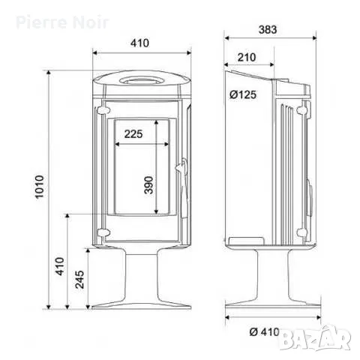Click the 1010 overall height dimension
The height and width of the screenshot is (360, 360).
[40, 187]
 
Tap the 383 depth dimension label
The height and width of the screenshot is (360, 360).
[268, 29]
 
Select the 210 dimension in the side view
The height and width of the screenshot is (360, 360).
[247, 57]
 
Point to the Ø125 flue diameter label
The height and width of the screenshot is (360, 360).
[243, 94]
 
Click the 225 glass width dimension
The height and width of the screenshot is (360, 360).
[133, 134]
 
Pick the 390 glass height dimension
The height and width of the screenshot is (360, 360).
[148, 185]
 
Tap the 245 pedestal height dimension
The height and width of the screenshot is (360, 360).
[79, 279]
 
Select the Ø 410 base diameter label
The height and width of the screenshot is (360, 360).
[265, 332]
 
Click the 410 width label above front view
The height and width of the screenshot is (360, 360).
[139, 43]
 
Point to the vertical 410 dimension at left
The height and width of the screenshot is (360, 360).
[60, 266]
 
